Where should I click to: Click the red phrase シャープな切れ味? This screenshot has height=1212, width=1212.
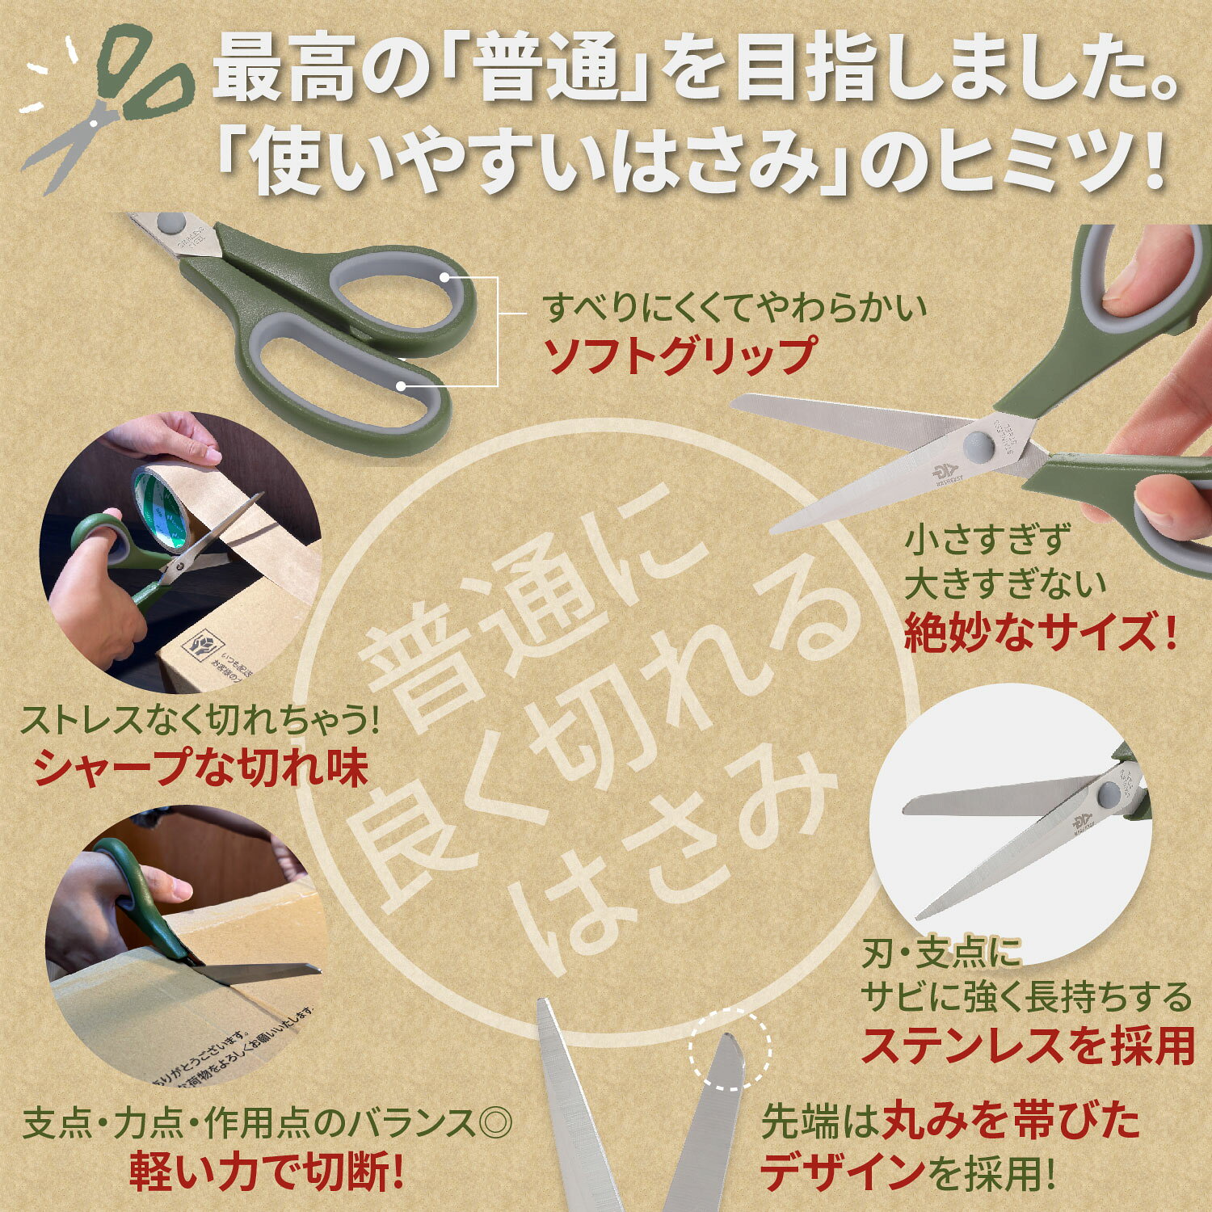point(201,768)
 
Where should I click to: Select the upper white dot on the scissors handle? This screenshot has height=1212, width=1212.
point(447,277)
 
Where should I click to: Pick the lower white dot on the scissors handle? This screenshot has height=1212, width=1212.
point(402,386)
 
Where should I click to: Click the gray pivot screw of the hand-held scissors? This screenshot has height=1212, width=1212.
point(977,442)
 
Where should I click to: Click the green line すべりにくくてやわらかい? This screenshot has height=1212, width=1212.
point(734,308)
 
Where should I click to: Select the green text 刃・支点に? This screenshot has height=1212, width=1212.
point(941,953)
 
